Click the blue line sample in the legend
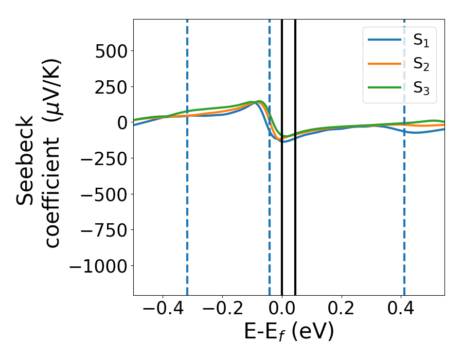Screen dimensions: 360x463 click(x=385, y=40)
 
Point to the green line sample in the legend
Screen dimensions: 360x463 click(x=385, y=87)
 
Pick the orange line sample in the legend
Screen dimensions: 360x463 click(x=385, y=64)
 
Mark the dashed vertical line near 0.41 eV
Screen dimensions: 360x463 click(x=404, y=206)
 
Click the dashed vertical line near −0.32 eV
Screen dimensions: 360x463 click(x=187, y=206)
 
